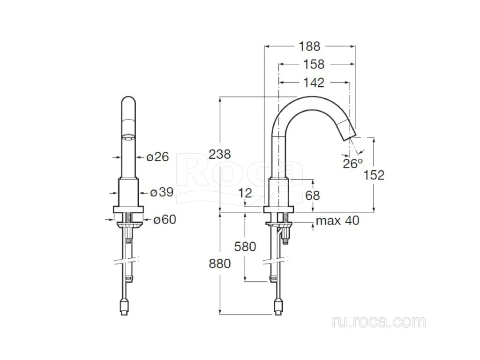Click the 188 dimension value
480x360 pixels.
point(309,46)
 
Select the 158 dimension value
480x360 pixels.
point(314,65)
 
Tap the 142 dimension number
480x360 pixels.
point(314,82)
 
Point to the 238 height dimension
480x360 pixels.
point(219,154)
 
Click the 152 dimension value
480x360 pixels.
point(374,175)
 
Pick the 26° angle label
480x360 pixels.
point(352,164)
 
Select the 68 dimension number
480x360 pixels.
point(312,195)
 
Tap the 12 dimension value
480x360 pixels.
point(245,193)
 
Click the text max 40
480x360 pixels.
point(337,220)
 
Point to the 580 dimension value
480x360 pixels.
point(245,247)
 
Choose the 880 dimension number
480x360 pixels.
point(219,263)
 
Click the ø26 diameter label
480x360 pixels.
point(157,157)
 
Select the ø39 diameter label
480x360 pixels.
point(162,192)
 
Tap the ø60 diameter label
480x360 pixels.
point(165,219)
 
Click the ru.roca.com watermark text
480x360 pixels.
point(379,322)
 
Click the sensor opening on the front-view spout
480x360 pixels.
point(128,137)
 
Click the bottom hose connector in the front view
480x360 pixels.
point(125,307)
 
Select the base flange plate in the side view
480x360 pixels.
point(278,210)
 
